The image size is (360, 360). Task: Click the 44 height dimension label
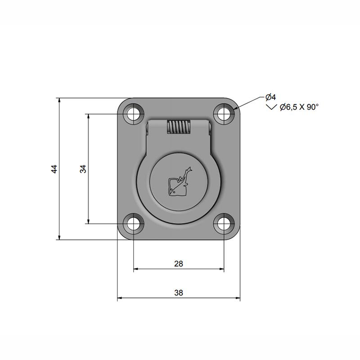54,169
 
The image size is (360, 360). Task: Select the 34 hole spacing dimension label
83,169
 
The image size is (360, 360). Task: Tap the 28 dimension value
178,264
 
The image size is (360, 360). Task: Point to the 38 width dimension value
179,293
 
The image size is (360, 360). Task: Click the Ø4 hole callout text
270,97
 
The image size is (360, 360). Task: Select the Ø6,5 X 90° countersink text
299,107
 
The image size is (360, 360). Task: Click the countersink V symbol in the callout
271,107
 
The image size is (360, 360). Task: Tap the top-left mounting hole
134,114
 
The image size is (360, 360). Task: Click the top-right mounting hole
224,114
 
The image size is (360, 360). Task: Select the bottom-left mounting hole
134,224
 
